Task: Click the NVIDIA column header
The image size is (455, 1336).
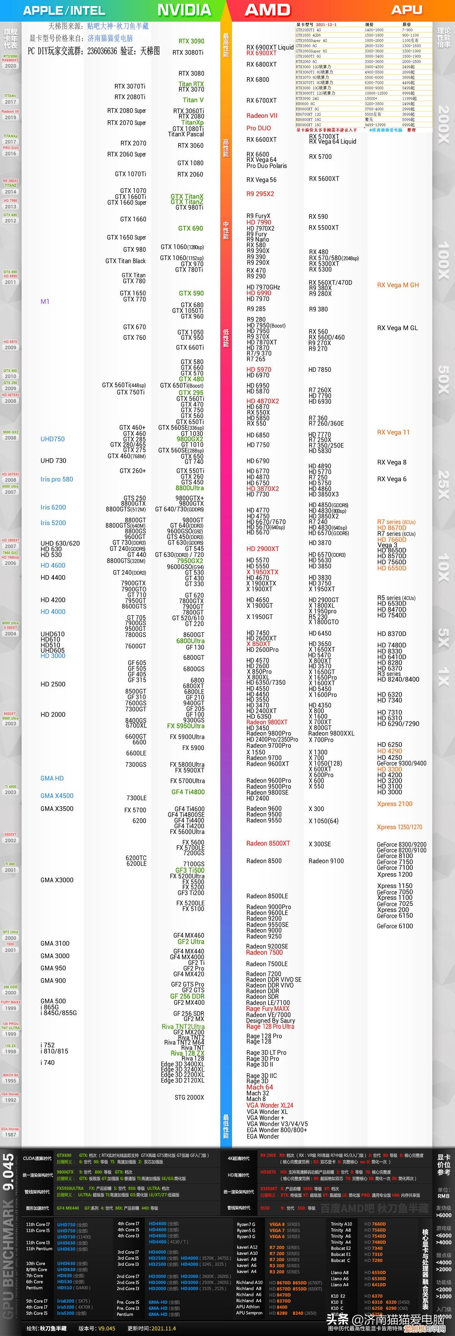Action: (184, 10)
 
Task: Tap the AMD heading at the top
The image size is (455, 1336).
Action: (267, 10)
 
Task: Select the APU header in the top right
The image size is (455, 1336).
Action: (406, 10)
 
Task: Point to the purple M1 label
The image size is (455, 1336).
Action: (45, 301)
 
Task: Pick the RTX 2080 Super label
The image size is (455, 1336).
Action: (126, 110)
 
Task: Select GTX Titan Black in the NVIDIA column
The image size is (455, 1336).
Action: (126, 261)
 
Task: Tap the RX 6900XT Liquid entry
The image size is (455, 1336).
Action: (270, 47)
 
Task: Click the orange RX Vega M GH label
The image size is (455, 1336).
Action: (397, 285)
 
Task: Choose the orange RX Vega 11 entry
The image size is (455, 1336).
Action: (393, 432)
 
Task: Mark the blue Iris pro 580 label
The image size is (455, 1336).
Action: (56, 479)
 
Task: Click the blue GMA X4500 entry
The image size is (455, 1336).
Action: (56, 796)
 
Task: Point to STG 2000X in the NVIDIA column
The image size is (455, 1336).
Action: (189, 1097)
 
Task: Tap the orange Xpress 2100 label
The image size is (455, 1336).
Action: (394, 804)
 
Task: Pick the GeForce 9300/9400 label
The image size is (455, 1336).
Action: (401, 763)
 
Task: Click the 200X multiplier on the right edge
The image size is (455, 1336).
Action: (444, 124)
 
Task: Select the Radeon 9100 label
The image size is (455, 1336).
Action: (326, 861)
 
